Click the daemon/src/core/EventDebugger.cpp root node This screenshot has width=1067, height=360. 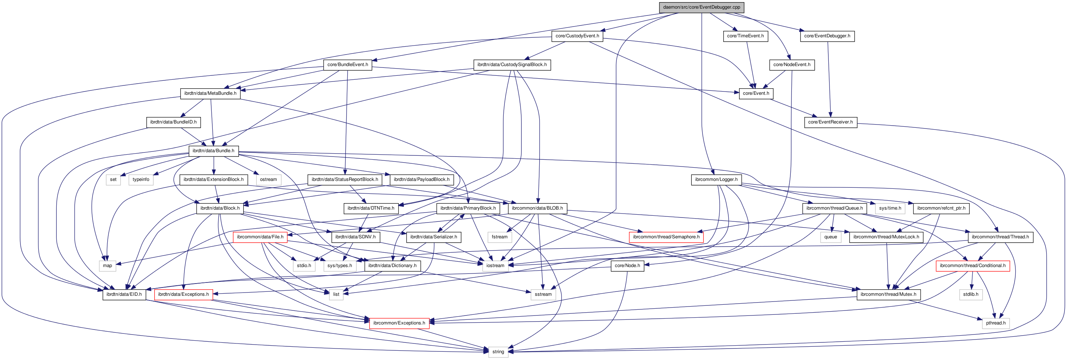[x=701, y=7]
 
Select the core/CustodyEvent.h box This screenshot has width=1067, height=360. [x=577, y=36]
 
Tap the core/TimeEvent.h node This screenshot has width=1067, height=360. [x=745, y=36]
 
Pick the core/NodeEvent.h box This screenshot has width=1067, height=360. [x=791, y=65]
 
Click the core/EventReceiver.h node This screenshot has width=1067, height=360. [x=830, y=122]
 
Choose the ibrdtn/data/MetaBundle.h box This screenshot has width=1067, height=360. [x=210, y=94]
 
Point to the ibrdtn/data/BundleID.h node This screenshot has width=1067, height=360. [x=173, y=122]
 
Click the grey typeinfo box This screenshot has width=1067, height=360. [x=141, y=180]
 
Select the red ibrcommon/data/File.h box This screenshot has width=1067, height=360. [x=260, y=237]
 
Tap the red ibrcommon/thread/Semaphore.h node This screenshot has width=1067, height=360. [x=666, y=237]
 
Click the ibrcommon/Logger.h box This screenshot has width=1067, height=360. [x=716, y=180]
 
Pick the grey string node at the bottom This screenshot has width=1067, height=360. [x=498, y=352]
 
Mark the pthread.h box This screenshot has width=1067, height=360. [x=995, y=323]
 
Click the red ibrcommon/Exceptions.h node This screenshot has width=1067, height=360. [x=399, y=323]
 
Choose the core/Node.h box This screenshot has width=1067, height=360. [x=627, y=266]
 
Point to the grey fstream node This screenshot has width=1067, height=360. [x=499, y=237]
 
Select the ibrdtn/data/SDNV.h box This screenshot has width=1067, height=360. [x=355, y=237]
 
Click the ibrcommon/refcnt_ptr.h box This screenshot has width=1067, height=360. [x=941, y=209]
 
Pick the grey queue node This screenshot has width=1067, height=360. [x=830, y=237]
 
